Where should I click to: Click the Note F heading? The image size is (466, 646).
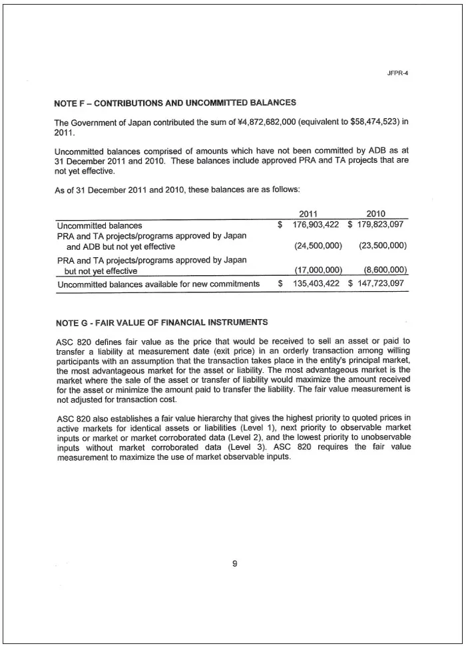coord(174,103)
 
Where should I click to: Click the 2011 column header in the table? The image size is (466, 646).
coord(308,214)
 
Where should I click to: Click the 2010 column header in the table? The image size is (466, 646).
coord(376,214)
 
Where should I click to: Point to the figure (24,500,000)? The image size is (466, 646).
coord(318,246)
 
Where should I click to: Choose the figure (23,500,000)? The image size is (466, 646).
coord(382,246)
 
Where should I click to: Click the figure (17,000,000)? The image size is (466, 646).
coord(318,270)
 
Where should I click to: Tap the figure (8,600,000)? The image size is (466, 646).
coord(385,270)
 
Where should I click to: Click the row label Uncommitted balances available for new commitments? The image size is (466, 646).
coord(158,284)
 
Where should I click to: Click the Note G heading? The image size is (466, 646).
coord(162,323)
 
